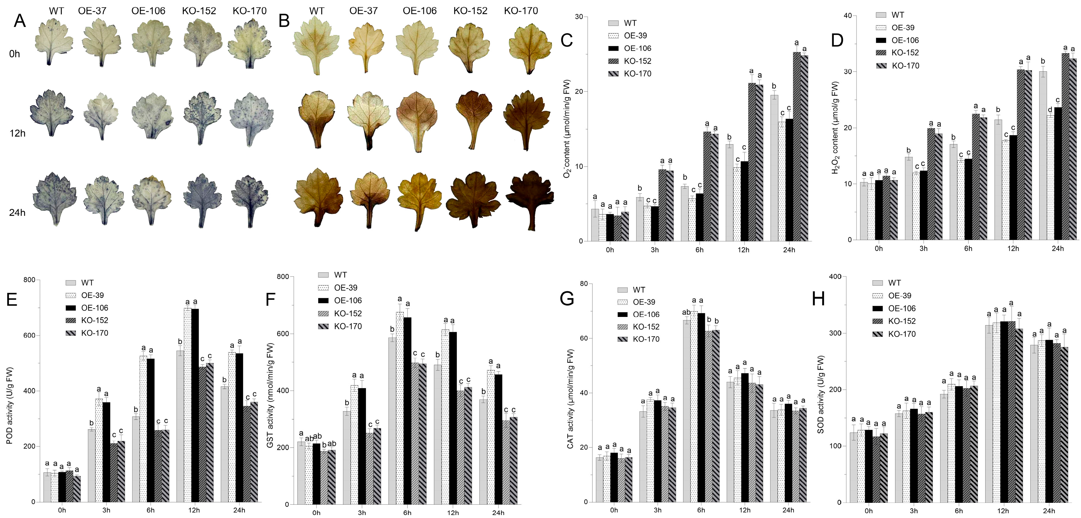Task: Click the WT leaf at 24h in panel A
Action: pos(55,198)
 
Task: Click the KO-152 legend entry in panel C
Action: pos(630,61)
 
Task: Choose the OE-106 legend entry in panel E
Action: pos(86,308)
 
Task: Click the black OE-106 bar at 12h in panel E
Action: pos(195,405)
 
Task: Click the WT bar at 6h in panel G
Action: pos(687,411)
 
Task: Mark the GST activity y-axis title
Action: pos(270,395)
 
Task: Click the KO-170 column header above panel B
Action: pos(521,11)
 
